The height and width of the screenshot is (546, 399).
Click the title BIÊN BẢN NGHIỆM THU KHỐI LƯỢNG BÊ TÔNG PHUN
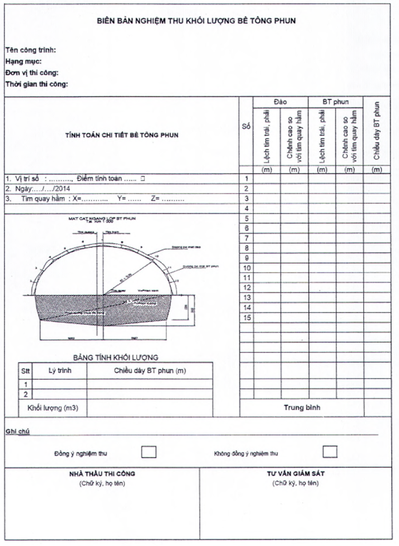coord(196,20)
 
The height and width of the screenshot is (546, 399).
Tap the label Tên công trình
coord(31,50)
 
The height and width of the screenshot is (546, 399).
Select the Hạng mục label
coord(24,61)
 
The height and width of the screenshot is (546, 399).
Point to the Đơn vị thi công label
coord(32,72)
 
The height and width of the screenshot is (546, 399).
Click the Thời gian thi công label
coord(36,84)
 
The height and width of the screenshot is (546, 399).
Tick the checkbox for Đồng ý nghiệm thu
coord(149,452)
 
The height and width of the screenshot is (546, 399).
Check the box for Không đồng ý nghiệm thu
coord(330,452)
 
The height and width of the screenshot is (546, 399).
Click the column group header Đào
coord(280,102)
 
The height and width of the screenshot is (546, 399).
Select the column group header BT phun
coord(336,102)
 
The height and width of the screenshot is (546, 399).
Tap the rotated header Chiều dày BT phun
coord(377,131)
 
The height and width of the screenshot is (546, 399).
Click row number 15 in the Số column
coord(247,317)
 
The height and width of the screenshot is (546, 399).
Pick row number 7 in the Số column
coord(247,238)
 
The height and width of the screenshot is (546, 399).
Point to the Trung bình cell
coord(302,407)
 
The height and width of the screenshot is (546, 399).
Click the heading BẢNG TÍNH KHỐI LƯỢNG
coord(115,357)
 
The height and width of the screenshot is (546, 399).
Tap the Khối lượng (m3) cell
coord(52,408)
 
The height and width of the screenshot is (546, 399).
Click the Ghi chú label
coord(17,431)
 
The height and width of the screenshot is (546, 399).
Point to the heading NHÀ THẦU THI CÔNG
coord(102,474)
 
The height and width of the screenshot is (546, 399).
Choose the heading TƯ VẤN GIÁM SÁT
coord(295,474)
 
